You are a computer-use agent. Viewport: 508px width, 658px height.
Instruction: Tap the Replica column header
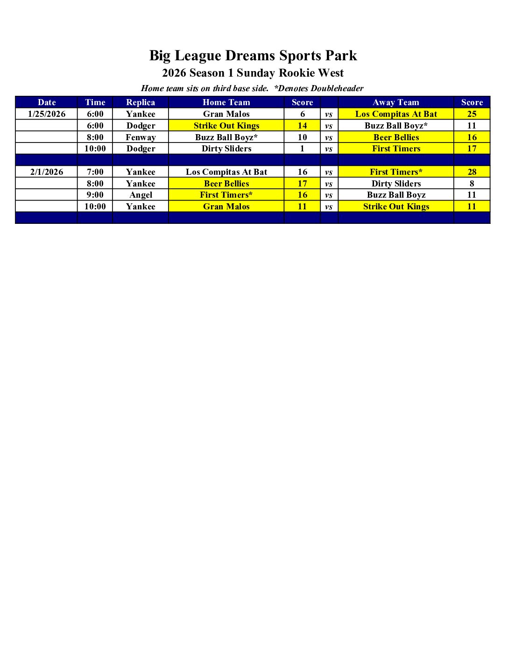140,102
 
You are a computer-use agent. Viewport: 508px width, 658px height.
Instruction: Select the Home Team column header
226,102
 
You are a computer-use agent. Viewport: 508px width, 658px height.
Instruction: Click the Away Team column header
395,102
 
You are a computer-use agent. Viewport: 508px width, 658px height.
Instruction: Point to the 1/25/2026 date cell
47,114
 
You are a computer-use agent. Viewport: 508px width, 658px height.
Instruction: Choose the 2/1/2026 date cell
47,172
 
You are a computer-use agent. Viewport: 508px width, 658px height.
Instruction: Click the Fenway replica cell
140,137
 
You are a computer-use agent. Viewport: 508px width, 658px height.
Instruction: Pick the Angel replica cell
140,195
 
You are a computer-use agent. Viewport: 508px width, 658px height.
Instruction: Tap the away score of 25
472,114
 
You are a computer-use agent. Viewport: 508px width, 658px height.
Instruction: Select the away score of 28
472,172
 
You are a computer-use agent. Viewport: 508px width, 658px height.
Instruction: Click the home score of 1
302,149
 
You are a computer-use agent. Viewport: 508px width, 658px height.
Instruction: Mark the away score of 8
472,184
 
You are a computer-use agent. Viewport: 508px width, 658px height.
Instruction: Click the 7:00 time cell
95,172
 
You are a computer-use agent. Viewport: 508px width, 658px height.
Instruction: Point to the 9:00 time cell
95,195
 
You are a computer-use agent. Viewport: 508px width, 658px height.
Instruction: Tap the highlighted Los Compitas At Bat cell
395,114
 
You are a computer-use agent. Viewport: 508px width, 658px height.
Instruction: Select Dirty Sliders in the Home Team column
226,149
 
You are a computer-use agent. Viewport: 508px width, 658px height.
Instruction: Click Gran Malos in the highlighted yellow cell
226,207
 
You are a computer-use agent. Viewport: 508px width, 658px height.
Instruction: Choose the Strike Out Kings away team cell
395,207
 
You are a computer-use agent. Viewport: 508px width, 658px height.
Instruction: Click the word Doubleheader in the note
337,88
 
